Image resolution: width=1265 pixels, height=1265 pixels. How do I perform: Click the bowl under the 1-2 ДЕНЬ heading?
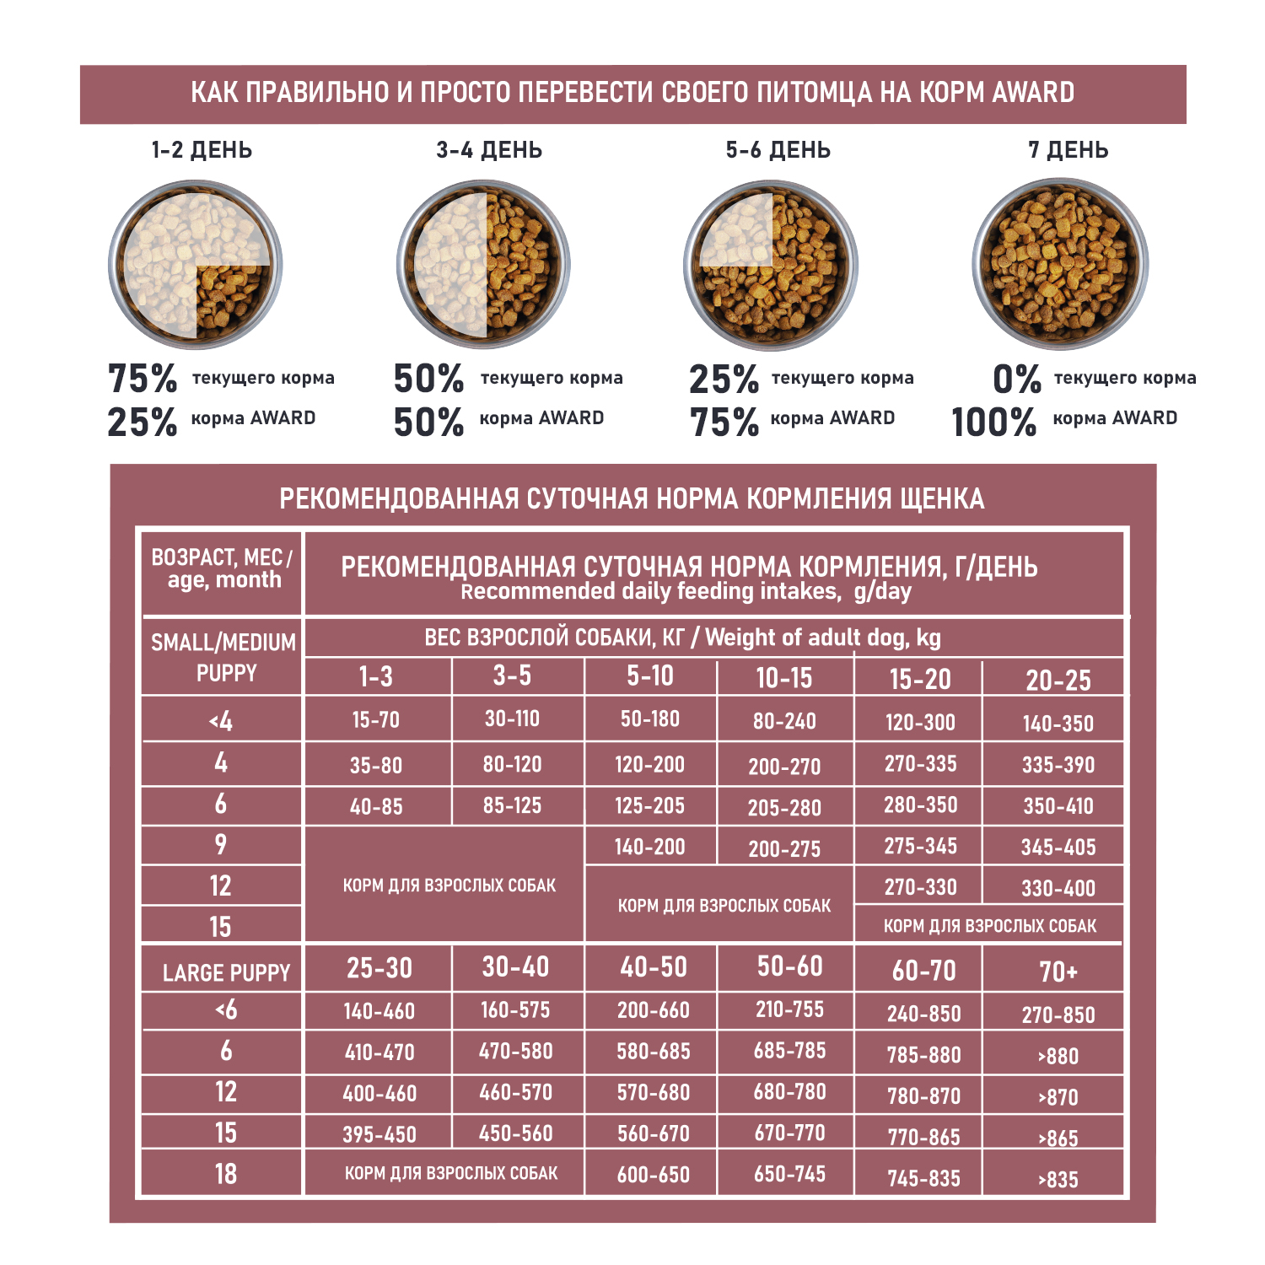tap(196, 265)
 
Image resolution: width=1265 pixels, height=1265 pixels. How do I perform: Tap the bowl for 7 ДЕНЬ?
tap(1060, 265)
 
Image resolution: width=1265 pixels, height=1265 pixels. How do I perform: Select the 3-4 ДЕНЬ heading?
tap(489, 150)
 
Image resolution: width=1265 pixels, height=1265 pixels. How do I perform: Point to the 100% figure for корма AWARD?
tap(993, 422)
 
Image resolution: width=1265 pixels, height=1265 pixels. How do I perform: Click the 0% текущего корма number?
tap(1016, 379)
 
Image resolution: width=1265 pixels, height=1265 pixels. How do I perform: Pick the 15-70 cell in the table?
tap(376, 720)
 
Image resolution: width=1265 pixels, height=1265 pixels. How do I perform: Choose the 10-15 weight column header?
tap(784, 678)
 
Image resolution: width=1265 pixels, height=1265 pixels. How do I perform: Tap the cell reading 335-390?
tap(1058, 765)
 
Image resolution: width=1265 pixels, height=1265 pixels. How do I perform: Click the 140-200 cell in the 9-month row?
tap(649, 847)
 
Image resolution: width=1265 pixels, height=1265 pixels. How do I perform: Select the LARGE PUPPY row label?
tap(226, 972)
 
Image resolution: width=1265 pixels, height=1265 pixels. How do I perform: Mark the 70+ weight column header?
tap(1058, 972)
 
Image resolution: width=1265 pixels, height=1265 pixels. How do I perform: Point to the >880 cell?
tap(1058, 1055)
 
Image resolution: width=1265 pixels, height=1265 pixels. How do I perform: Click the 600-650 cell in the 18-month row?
tap(653, 1175)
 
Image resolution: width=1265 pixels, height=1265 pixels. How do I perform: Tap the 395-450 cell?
tap(379, 1134)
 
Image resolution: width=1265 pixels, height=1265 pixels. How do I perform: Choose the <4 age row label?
tap(221, 721)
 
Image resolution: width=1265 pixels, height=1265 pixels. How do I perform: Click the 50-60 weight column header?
tap(789, 966)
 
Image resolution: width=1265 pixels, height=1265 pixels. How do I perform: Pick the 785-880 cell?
tap(923, 1055)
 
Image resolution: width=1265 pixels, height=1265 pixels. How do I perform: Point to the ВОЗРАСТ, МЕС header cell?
tap(223, 569)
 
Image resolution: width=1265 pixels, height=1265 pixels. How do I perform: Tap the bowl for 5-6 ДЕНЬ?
tap(771, 265)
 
